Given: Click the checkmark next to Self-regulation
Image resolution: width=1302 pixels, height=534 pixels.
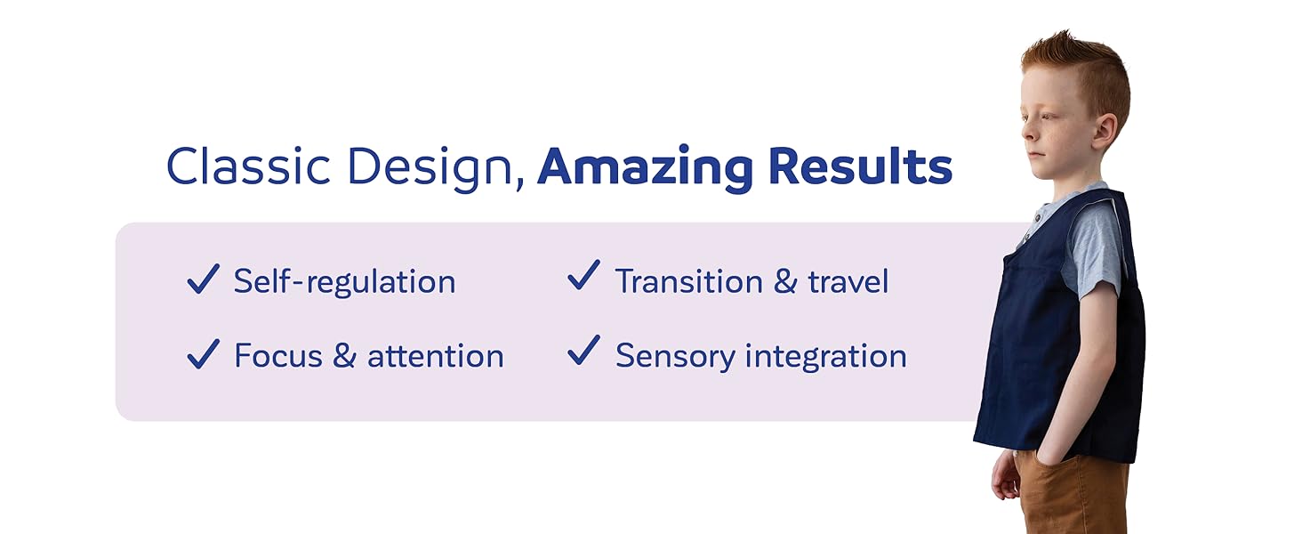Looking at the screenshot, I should [203, 279].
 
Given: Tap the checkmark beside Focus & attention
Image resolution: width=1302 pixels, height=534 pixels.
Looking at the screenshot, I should [203, 354].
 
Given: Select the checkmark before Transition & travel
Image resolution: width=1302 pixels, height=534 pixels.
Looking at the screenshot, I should [583, 277].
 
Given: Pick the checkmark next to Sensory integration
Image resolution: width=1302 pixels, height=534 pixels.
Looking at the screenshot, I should [583, 352].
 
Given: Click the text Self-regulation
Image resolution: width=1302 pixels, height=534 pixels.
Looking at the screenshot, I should [344, 282].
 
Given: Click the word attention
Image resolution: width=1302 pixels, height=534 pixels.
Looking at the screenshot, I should [435, 356].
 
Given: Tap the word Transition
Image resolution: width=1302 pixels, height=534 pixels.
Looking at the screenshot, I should [689, 282].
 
